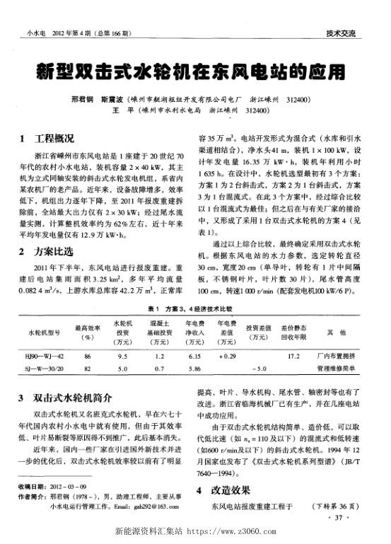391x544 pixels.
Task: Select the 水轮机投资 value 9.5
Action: click(123, 357)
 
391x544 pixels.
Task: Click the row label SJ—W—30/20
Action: click(45, 369)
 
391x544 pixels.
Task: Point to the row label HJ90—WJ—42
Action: click(45, 357)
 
